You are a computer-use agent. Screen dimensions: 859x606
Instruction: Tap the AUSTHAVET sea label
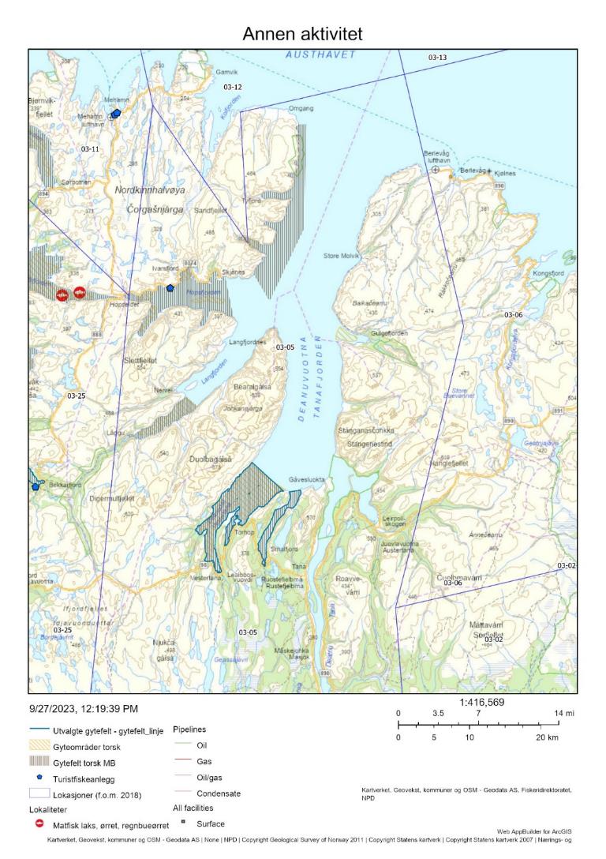coord(320,55)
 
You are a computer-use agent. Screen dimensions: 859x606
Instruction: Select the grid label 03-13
coord(437,58)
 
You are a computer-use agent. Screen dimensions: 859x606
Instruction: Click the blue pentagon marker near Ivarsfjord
coord(170,288)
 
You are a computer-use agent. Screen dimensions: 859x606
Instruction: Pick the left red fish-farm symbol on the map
coord(62,294)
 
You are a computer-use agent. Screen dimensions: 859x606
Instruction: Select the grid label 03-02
coord(567,565)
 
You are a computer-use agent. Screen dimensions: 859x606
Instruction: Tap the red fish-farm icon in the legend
coord(39,823)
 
